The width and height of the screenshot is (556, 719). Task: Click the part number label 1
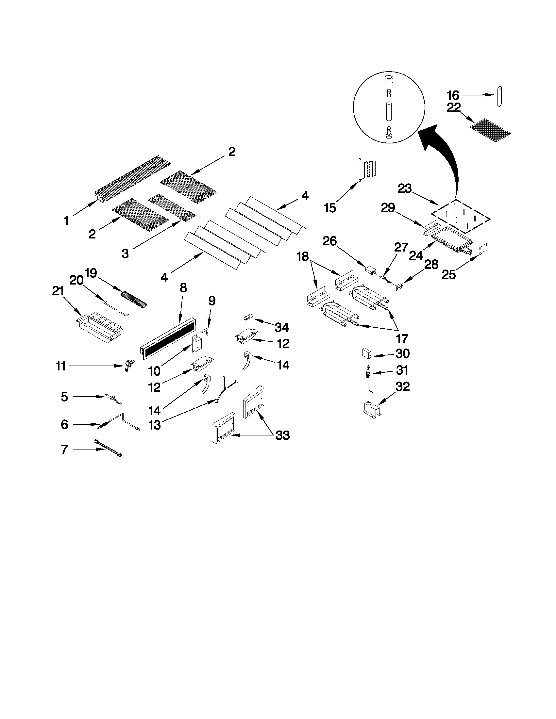point(66,221)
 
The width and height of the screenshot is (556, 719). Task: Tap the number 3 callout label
point(125,253)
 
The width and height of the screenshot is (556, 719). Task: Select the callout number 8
point(183,288)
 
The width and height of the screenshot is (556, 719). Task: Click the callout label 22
point(454,108)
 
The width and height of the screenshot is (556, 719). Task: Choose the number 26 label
point(329,241)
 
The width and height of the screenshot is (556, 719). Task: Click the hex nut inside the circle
point(388,80)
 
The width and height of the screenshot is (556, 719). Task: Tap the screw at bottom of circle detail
point(388,133)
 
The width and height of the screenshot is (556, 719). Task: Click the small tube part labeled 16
point(500,96)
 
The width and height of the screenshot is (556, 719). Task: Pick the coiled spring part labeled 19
point(134,299)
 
